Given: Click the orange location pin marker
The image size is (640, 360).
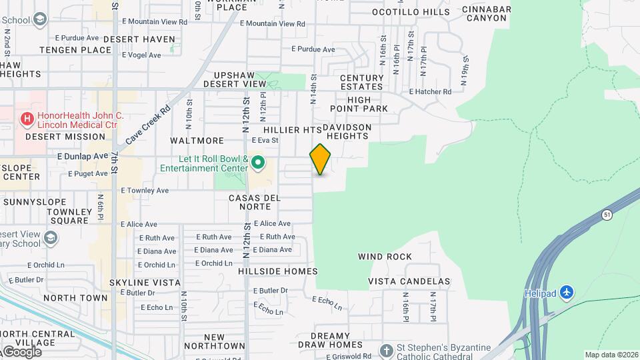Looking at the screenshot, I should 320,159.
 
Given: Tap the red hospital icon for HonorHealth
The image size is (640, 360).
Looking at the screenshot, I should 27,120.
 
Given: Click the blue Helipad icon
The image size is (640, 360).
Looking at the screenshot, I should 567,293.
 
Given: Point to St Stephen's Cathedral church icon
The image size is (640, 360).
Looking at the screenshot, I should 385,350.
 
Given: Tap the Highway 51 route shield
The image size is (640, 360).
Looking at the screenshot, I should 606,215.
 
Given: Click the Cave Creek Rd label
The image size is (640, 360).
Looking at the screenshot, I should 148,125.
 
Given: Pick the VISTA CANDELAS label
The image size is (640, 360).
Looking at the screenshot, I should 409,282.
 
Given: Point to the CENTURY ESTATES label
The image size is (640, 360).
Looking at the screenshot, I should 362,83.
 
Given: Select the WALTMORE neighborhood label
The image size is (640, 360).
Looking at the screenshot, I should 197,141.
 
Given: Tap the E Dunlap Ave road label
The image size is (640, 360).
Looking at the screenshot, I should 83,156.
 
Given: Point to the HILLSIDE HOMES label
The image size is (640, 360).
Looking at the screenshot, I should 277,271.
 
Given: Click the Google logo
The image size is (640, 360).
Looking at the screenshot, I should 21,351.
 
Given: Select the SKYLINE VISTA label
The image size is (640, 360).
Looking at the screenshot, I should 145,283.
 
